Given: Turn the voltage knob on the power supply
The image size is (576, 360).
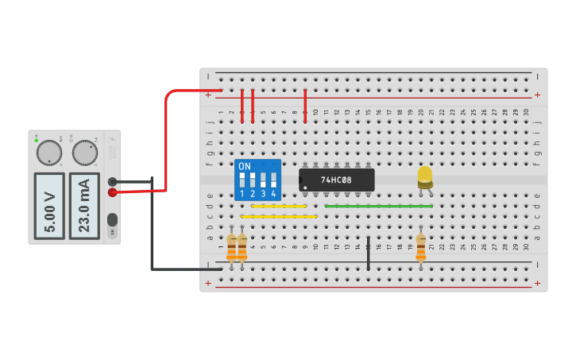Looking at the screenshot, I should coord(48,153).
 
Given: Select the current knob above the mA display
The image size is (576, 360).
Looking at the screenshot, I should coord(84,153).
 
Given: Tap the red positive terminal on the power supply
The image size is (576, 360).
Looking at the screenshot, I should coord(113,192).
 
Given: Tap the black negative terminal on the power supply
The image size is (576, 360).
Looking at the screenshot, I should coord(113,181).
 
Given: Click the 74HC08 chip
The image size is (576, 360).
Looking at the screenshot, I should coord(337,180).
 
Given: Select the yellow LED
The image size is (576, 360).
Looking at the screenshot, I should coord(425,176).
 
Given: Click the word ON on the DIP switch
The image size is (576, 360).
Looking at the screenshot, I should coord(245,167).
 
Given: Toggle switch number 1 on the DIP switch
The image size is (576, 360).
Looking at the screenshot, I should coord(242,180).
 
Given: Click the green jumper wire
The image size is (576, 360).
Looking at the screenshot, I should coord(379,206).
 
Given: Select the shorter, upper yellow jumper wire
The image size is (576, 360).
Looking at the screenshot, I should coord(278,207).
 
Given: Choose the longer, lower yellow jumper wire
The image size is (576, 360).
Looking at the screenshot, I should coord(278,216).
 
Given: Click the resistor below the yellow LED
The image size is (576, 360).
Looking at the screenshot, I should coord(420,246).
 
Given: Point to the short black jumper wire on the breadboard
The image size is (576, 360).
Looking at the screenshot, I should coord(368,253).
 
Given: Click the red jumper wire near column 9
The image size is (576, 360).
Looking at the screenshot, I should coord(305,106).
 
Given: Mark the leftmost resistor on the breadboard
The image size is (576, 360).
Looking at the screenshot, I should coord(231,247).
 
